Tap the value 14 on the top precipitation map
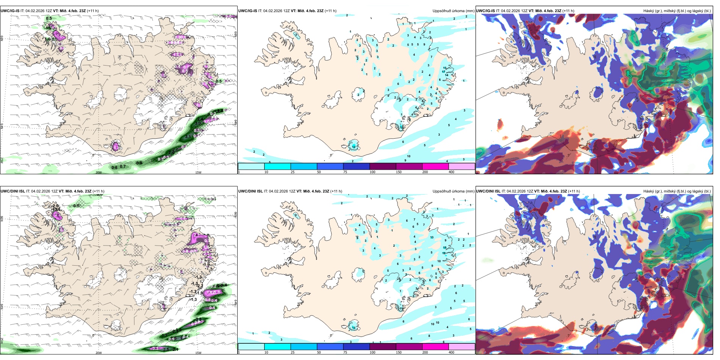[x=447, y=75]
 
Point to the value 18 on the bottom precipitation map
[x=444, y=253]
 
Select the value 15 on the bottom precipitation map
[x=445, y=247]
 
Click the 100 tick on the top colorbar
[x=373, y=172]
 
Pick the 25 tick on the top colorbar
[x=293, y=172]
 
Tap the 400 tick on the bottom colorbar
[x=451, y=352]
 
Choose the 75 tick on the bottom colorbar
[x=345, y=352]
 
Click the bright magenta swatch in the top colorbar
[x=435, y=166]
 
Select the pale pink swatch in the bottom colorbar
[x=462, y=347]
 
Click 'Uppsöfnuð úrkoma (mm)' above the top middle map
[x=453, y=11]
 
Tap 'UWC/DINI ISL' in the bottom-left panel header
[x=13, y=191]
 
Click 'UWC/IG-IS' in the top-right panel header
[x=485, y=11]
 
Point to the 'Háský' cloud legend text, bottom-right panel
[x=650, y=191]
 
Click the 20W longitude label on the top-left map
[x=99, y=172]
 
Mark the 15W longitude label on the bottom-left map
[x=198, y=353]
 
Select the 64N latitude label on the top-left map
[x=2, y=126]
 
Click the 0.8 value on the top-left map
[x=114, y=167]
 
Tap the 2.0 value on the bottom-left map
[x=55, y=206]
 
